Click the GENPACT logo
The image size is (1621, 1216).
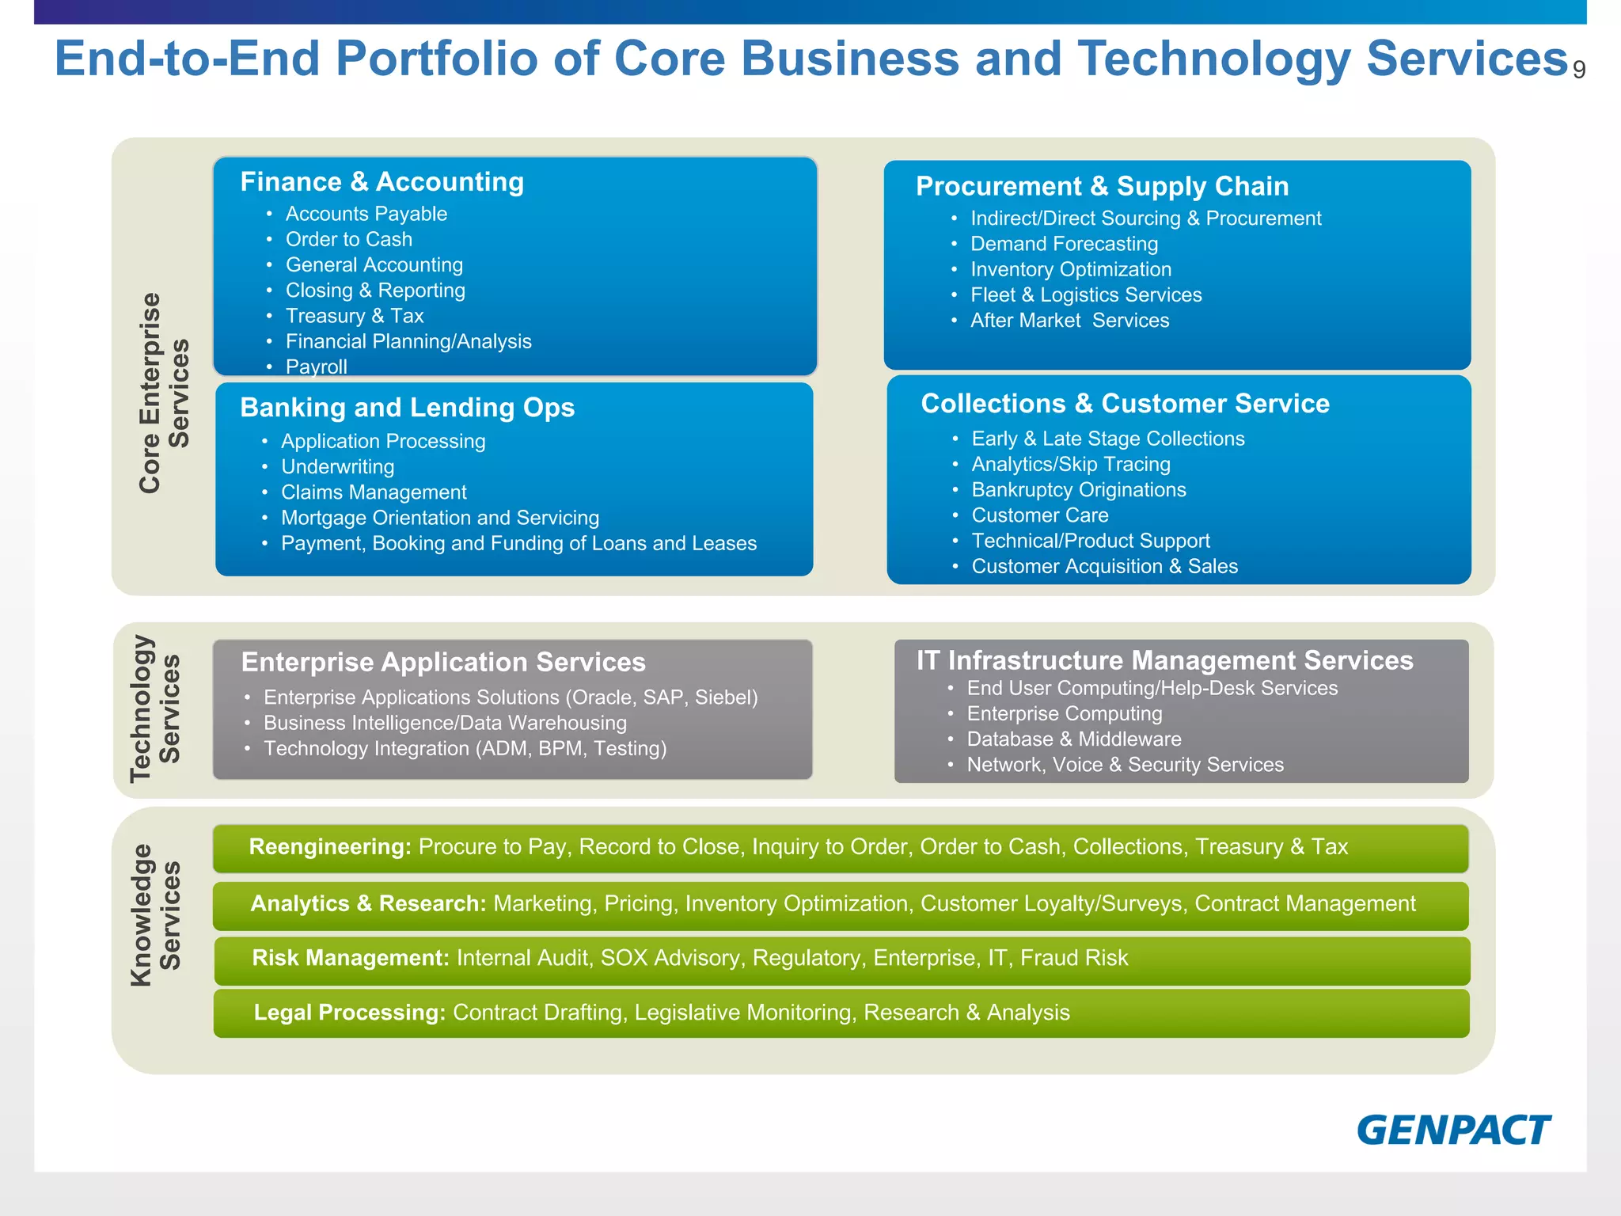[1453, 1130]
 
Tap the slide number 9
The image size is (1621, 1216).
[1578, 70]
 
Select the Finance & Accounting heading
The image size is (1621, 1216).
[382, 182]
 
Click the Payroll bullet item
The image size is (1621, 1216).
[316, 367]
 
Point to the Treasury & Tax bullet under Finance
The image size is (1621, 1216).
[354, 316]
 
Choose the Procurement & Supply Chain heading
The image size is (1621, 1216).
[1102, 186]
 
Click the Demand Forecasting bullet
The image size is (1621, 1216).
[1064, 244]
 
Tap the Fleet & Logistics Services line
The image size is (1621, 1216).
[1085, 294]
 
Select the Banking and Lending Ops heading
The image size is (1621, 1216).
[407, 408]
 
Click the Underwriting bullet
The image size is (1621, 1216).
[337, 467]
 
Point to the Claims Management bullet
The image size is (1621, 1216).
[374, 492]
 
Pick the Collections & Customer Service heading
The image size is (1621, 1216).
[1125, 404]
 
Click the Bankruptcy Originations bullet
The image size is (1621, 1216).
[1078, 490]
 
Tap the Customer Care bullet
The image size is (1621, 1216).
[1039, 515]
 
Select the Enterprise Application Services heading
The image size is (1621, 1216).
[443, 662]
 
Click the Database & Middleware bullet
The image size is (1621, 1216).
[1073, 739]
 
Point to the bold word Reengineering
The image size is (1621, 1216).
[329, 847]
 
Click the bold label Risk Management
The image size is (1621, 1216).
[350, 959]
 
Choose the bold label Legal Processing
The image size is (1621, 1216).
[349, 1013]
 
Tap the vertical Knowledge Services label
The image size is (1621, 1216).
[156, 914]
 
